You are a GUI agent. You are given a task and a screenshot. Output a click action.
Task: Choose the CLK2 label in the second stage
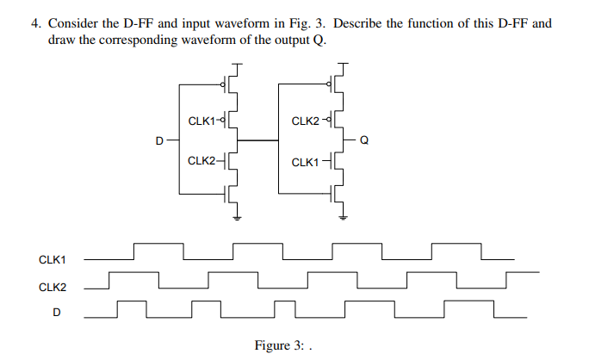point(305,121)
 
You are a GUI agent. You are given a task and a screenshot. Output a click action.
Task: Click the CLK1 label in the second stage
point(305,162)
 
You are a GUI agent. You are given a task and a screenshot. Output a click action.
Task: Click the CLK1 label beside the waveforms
point(53,258)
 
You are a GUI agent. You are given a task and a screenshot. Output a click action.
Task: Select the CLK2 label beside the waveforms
point(53,286)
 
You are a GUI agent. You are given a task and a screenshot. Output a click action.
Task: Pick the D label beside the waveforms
point(57,312)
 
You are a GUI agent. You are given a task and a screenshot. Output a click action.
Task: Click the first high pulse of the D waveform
point(131,302)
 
